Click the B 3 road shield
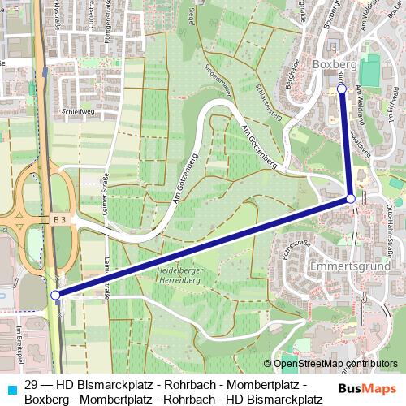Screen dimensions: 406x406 (60, 219)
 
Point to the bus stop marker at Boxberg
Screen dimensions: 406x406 (342, 89)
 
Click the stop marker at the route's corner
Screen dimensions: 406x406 (351, 198)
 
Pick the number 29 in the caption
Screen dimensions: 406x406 (32, 384)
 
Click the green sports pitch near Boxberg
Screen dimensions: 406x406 (369, 71)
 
